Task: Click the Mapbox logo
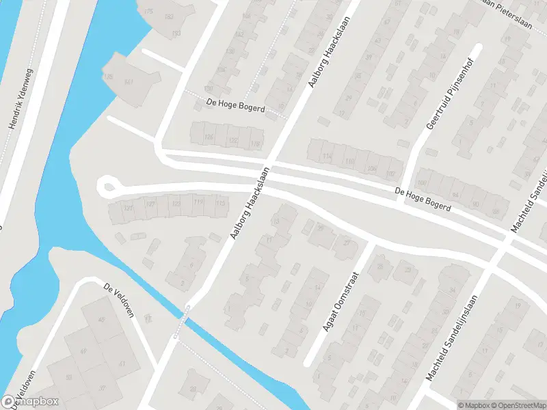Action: pyautogui.click(x=30, y=402)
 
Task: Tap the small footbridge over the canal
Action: pyautogui.click(x=182, y=320)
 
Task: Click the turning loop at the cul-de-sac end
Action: pyautogui.click(x=107, y=186)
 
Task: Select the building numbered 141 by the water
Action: pyautogui.click(x=128, y=82)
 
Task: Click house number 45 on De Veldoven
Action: pyautogui.click(x=103, y=320)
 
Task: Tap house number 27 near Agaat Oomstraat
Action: pyautogui.click(x=347, y=243)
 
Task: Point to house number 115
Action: pyautogui.click(x=219, y=204)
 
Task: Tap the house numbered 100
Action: pyautogui.click(x=421, y=182)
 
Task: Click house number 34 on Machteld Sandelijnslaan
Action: pyautogui.click(x=452, y=291)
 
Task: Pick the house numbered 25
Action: pyautogui.click(x=321, y=228)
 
